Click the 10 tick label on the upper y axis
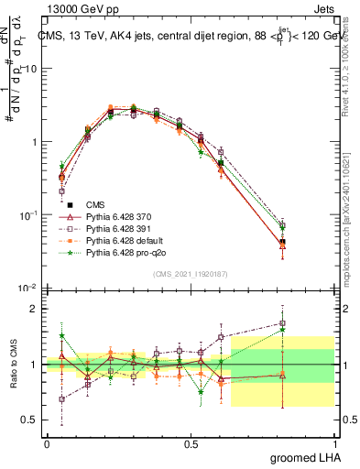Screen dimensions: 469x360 point(30,69)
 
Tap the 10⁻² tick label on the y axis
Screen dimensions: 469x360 point(27,288)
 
